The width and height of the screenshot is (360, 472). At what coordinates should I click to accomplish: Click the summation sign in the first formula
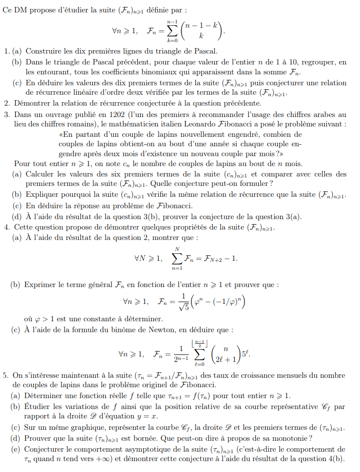point(172,31)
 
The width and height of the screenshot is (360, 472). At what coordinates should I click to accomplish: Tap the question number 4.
point(6,227)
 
